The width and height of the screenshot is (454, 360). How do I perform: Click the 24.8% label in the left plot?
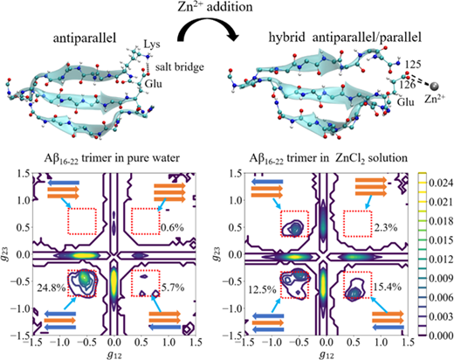[52, 287]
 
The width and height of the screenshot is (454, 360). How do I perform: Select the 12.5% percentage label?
[262, 290]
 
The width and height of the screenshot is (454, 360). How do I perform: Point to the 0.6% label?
[173, 227]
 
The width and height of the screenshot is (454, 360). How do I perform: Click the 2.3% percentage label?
[386, 227]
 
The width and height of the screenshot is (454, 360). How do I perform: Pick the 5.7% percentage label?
[173, 287]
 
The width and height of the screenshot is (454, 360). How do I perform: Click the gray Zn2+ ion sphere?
[435, 86]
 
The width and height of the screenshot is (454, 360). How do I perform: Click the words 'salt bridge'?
[180, 67]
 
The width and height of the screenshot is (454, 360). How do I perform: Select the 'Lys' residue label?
[152, 45]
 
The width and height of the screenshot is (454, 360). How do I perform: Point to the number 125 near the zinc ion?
[413, 65]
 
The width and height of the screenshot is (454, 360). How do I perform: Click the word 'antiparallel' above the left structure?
[85, 38]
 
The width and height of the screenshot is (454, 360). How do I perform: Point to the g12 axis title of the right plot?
[327, 354]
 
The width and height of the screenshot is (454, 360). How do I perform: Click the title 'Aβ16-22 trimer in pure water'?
[112, 159]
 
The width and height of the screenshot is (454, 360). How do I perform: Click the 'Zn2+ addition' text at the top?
[215, 6]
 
